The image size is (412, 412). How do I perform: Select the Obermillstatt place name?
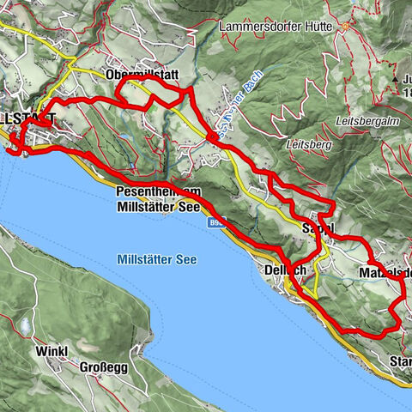point(144,76)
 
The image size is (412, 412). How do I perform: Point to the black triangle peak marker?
point(403,78)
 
